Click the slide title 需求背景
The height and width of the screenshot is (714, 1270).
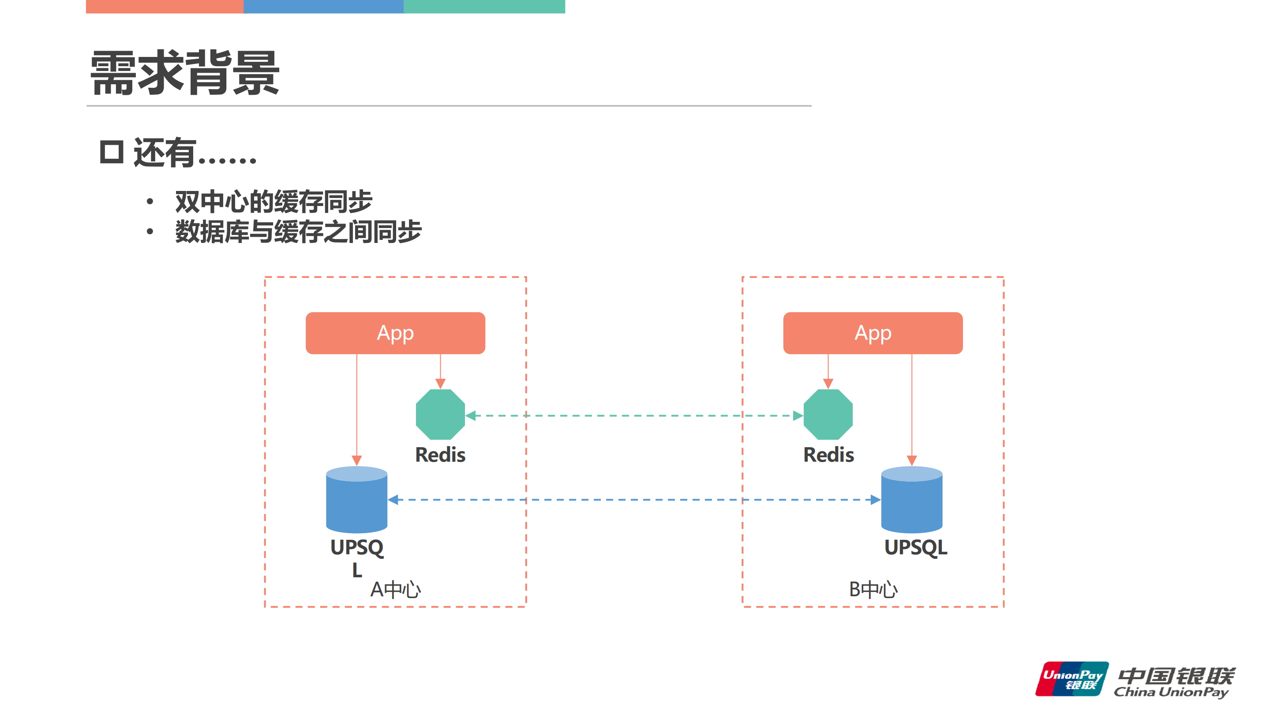(185, 73)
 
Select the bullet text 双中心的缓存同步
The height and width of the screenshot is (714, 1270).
(273, 202)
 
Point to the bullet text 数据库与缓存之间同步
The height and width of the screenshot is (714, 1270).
(298, 232)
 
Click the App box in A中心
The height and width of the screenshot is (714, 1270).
(395, 333)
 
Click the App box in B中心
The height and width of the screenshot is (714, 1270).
(873, 333)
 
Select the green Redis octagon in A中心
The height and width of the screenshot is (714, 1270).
(440, 415)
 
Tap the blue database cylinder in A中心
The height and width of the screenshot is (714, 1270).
(356, 500)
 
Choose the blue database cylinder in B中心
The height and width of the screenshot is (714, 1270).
(911, 500)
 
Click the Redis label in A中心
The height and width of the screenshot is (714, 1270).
(440, 454)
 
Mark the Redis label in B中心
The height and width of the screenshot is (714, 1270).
(828, 454)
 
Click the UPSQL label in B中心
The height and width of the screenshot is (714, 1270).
(915, 547)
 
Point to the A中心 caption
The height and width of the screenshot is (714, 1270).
(395, 589)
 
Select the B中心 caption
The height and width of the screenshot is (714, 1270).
(873, 589)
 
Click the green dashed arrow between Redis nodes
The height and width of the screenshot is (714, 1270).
(633, 416)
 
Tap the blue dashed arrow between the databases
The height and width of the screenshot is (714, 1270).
(633, 500)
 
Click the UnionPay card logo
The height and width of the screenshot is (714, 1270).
(1072, 679)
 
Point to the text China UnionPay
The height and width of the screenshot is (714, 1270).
(1171, 692)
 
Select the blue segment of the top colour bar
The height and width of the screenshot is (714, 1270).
(323, 7)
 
